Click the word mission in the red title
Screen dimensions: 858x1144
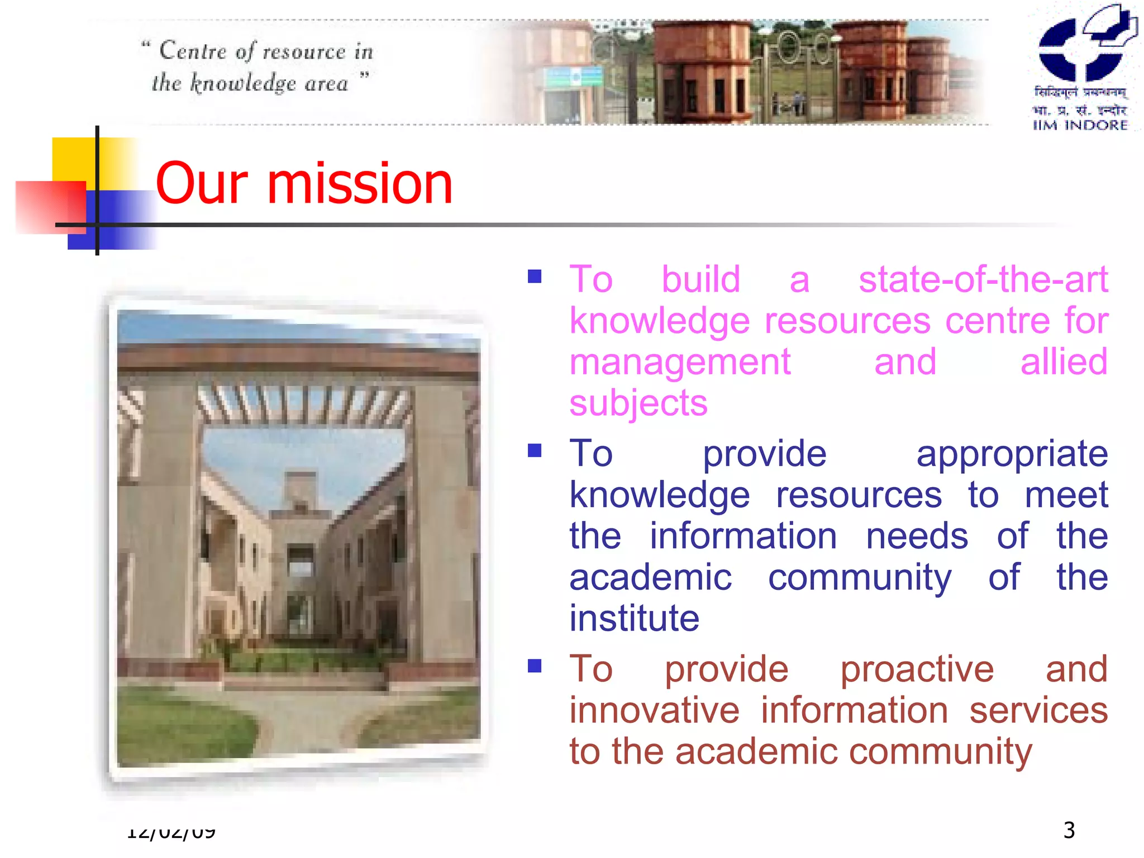point(360,184)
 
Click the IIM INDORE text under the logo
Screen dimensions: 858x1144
point(1080,125)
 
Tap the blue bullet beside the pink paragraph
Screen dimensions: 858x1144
point(535,277)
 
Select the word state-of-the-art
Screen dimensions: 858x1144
point(983,279)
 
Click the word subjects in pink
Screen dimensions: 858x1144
point(638,403)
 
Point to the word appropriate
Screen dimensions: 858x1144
point(1012,454)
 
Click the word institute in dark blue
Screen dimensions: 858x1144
point(634,618)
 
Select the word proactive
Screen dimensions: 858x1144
point(917,669)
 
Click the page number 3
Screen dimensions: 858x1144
point(1069,830)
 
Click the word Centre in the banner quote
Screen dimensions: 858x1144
point(193,51)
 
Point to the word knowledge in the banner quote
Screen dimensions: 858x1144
point(243,84)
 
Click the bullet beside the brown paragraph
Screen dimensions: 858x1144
point(535,666)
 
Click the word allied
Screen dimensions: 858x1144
point(1064,362)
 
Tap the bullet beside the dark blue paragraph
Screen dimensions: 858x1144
point(535,450)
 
